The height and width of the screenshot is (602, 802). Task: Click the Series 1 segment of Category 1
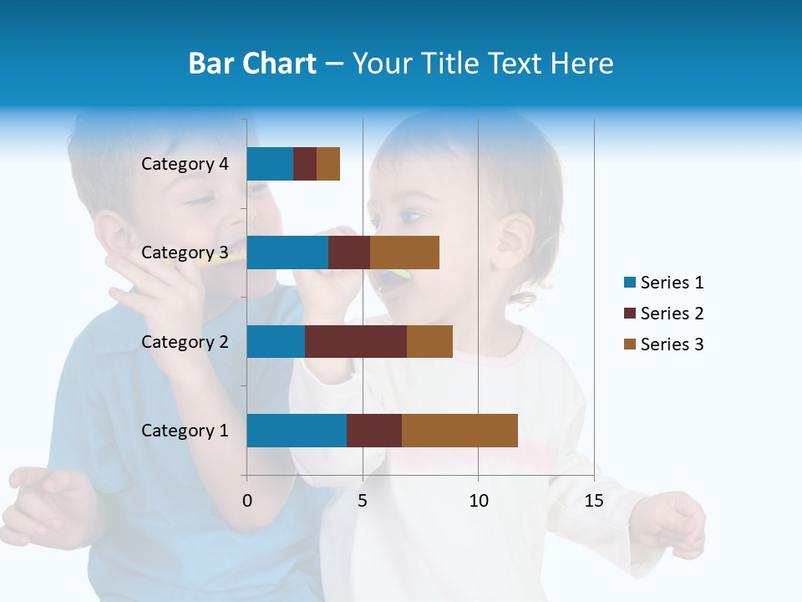click(x=297, y=431)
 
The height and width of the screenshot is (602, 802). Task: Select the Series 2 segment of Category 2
click(x=356, y=341)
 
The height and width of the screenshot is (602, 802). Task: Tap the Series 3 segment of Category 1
click(x=459, y=431)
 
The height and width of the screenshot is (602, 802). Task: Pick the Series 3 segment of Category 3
click(x=404, y=253)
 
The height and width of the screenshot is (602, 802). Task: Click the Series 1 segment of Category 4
click(x=270, y=164)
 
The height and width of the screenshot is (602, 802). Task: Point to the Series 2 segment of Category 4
click(x=305, y=164)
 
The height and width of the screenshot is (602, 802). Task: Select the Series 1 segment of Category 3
click(x=287, y=253)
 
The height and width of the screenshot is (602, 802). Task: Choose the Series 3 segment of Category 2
click(x=429, y=341)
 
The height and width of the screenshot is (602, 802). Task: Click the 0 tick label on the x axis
click(x=247, y=501)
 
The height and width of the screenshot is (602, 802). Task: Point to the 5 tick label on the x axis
click(x=363, y=501)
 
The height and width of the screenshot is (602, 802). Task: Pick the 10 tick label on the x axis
click(x=478, y=501)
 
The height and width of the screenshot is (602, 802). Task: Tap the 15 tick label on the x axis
click(x=594, y=501)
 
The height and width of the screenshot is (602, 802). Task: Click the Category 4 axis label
click(x=185, y=164)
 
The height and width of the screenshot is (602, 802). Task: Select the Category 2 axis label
click(x=185, y=341)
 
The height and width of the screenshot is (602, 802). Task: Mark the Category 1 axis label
click(x=185, y=431)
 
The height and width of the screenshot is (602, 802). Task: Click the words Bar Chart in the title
click(x=252, y=63)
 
